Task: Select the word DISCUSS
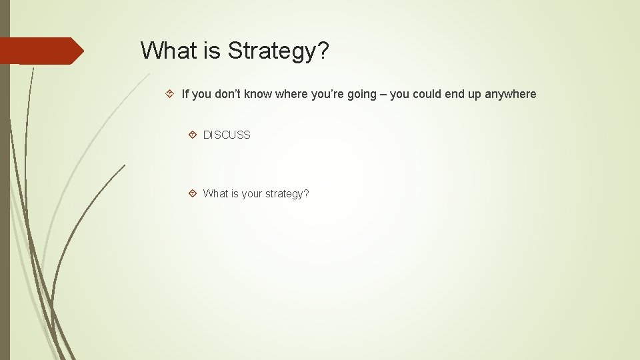[x=227, y=135]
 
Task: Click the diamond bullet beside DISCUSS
[x=192, y=135]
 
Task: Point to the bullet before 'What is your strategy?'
[x=192, y=193]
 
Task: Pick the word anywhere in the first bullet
[x=510, y=94]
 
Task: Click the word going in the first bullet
[x=362, y=94]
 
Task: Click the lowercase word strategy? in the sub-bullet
[x=287, y=194]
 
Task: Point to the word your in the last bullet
[x=252, y=194]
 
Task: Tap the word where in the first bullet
[x=291, y=94]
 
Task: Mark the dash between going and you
[x=383, y=94]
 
